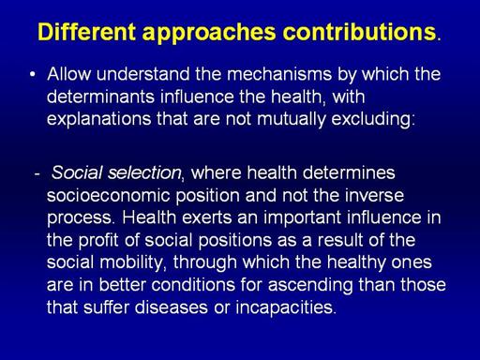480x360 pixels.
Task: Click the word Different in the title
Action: [87, 32]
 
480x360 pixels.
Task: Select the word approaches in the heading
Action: [209, 33]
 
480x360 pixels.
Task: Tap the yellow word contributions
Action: [359, 32]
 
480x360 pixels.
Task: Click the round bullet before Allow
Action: [33, 74]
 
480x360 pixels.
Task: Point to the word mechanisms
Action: [279, 74]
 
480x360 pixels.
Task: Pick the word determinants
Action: [100, 97]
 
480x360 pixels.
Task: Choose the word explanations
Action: [98, 119]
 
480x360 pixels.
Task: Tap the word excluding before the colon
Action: [371, 119]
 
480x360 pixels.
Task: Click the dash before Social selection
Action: [37, 173]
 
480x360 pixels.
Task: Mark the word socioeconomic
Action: [108, 196]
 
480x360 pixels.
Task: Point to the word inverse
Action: [374, 196]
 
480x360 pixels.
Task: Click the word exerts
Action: [206, 217]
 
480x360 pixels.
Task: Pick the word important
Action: [302, 218]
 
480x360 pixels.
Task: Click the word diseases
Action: [172, 307]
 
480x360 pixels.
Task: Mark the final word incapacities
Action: [284, 308]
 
